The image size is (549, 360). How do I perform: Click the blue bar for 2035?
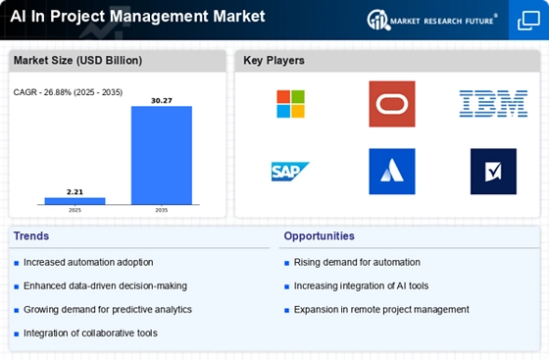coord(162,155)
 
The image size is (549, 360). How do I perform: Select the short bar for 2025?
coord(75,201)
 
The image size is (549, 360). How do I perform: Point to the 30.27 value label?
coord(162,101)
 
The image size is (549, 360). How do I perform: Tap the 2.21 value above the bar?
coord(75,192)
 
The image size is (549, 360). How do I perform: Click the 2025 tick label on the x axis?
coord(75,210)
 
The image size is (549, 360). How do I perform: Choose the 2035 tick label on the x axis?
coord(162,210)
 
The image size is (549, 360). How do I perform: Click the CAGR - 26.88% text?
coord(43,92)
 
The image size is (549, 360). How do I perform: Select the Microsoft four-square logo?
coord(290,104)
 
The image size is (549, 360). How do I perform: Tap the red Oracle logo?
coord(392,104)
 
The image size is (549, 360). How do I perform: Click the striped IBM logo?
coord(493,104)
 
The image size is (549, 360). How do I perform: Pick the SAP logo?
coord(290,172)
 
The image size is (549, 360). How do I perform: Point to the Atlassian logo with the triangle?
coord(392,172)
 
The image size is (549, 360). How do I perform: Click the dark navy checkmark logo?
coord(493,172)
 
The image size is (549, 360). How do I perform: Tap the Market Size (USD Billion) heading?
coord(77,61)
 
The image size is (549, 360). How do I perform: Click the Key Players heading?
coord(274,61)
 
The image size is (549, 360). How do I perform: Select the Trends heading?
coord(31,236)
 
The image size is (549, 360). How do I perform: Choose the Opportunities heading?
coord(320,236)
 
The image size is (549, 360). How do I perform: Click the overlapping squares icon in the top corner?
coord(528,21)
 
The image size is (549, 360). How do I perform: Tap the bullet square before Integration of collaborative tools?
coord(16,334)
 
